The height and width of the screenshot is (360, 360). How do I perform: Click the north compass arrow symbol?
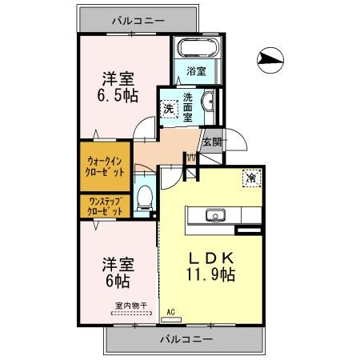[271, 58]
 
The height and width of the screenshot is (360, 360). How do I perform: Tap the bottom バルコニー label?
[185, 338]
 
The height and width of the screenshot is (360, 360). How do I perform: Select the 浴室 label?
[197, 71]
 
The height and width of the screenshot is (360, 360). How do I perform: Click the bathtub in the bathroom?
[197, 49]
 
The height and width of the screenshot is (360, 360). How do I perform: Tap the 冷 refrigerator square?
[250, 177]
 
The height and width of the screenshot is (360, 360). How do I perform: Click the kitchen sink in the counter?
[214, 214]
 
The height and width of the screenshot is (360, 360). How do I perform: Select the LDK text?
[211, 258]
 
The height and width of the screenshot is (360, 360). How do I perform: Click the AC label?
[170, 312]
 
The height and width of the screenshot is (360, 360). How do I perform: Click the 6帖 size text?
[118, 282]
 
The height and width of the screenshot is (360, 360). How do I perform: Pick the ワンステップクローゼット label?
[106, 206]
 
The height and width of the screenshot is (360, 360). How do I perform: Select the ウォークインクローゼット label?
[106, 165]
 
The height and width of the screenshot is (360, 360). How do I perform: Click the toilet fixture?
[144, 198]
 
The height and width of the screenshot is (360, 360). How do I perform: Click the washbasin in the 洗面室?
[208, 102]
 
